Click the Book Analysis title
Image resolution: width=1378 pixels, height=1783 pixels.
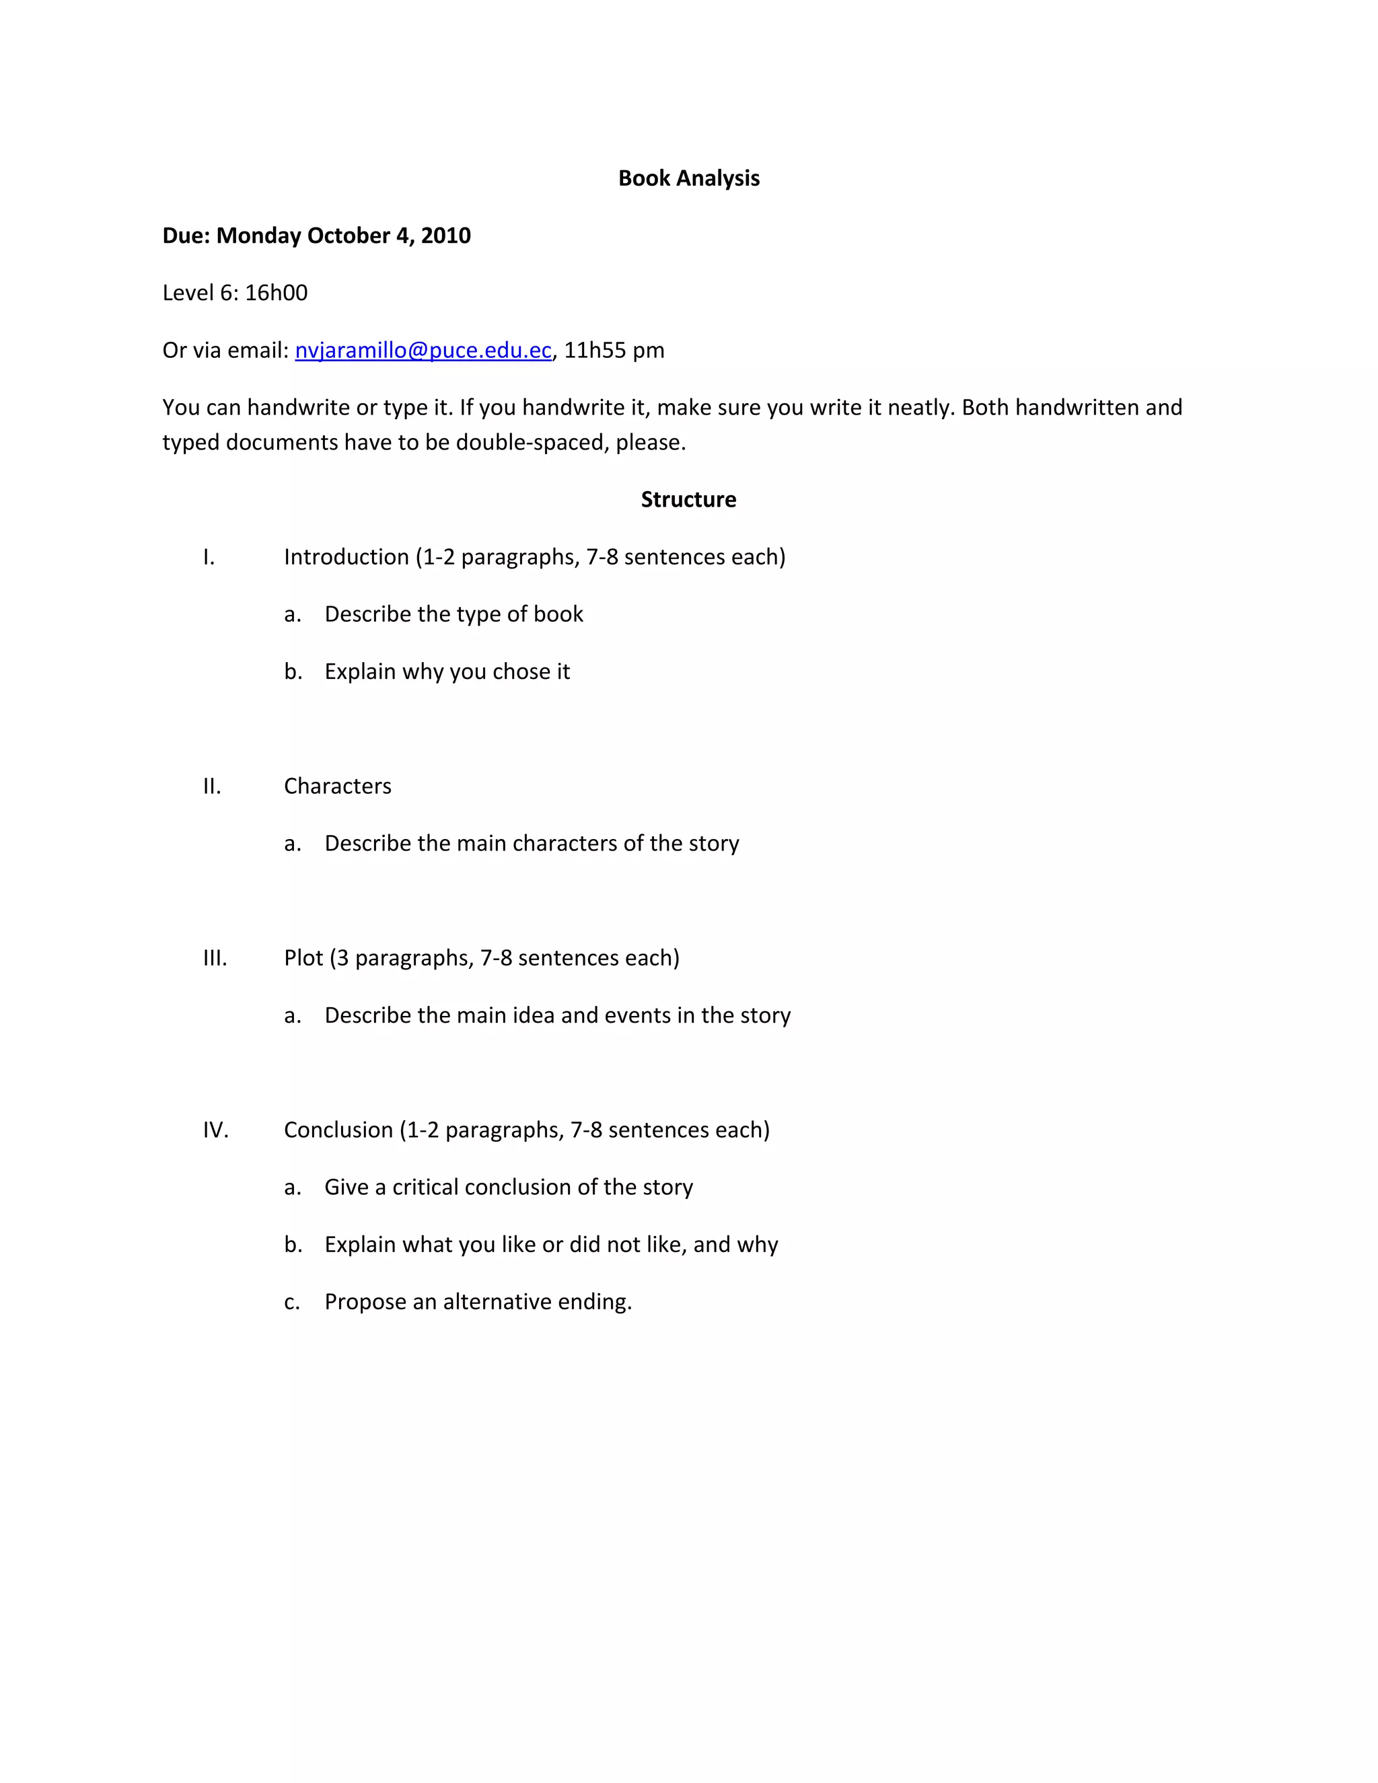point(688,178)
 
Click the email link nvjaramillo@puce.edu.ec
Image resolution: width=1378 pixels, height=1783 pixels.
point(423,351)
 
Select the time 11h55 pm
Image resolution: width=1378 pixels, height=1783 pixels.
point(614,351)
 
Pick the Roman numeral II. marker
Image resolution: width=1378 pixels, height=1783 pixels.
point(212,786)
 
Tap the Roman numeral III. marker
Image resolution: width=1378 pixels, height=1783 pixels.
point(215,957)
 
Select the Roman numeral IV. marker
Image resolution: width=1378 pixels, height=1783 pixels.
point(215,1130)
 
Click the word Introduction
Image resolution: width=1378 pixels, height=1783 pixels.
point(346,557)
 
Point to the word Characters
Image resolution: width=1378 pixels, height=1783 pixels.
point(337,786)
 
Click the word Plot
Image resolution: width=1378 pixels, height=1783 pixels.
point(303,957)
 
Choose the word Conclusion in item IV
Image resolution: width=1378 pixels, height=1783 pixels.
point(338,1130)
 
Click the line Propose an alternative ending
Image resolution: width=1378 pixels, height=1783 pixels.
point(478,1301)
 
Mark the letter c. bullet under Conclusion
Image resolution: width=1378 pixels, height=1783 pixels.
point(292,1302)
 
